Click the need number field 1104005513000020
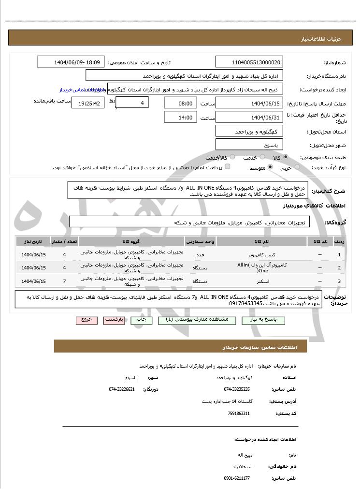[249, 62]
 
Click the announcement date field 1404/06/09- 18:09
[71, 62]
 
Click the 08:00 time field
[181, 103]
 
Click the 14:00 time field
[181, 117]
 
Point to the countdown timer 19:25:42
[87, 103]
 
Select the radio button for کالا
[286, 157]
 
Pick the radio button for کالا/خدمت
[232, 157]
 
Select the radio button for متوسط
[270, 167]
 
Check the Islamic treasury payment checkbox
[228, 167]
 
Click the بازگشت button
[115, 320]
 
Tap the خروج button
[86, 320]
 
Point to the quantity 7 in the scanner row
[64, 281]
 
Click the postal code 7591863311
[238, 414]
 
